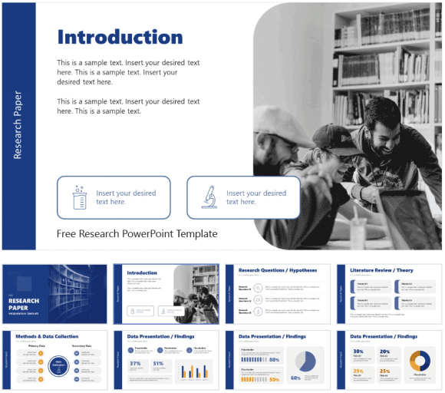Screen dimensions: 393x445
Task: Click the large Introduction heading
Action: click(120, 37)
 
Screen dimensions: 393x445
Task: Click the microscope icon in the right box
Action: click(207, 197)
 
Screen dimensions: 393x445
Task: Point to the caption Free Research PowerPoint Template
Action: click(137, 234)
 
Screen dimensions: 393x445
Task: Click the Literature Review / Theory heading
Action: click(381, 271)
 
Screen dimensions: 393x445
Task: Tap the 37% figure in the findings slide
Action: click(134, 363)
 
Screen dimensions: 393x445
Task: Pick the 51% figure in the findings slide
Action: click(159, 363)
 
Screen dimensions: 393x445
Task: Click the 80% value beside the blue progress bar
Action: click(274, 359)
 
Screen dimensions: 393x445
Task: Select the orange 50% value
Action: click(274, 378)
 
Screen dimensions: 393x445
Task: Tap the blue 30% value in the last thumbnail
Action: click(358, 351)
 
